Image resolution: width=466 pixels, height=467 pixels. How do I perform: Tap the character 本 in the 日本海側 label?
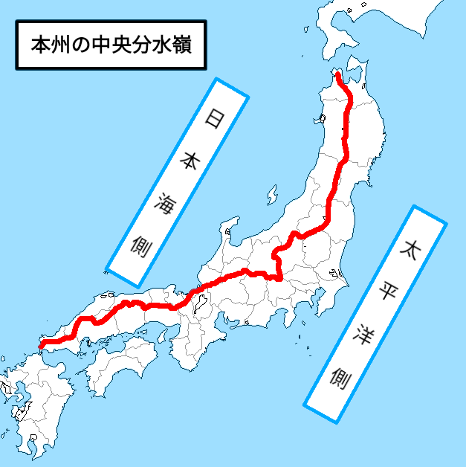pyautogui.click(x=191, y=159)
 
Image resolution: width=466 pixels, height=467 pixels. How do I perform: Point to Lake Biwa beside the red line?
pyautogui.click(x=201, y=303)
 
